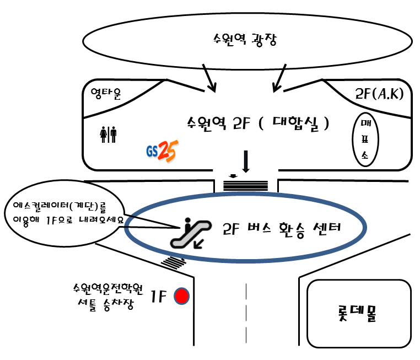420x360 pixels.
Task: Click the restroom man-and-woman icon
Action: tap(108, 134)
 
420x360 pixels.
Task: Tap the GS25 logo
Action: tap(161, 151)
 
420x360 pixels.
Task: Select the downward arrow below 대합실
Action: tap(246, 162)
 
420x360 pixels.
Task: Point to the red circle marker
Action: tap(181, 297)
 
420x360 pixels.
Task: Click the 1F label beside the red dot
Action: tap(159, 297)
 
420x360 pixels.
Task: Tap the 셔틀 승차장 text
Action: tap(106, 305)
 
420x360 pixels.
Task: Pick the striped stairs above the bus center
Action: tap(246, 182)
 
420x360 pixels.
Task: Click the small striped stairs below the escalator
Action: tap(175, 261)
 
